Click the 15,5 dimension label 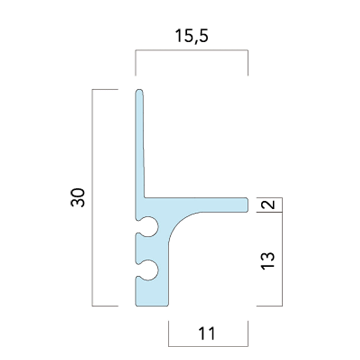coord(191,36)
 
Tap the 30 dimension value coord(78,198)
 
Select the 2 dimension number coord(268,205)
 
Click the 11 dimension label coord(207,334)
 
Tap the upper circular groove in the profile coord(149,227)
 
